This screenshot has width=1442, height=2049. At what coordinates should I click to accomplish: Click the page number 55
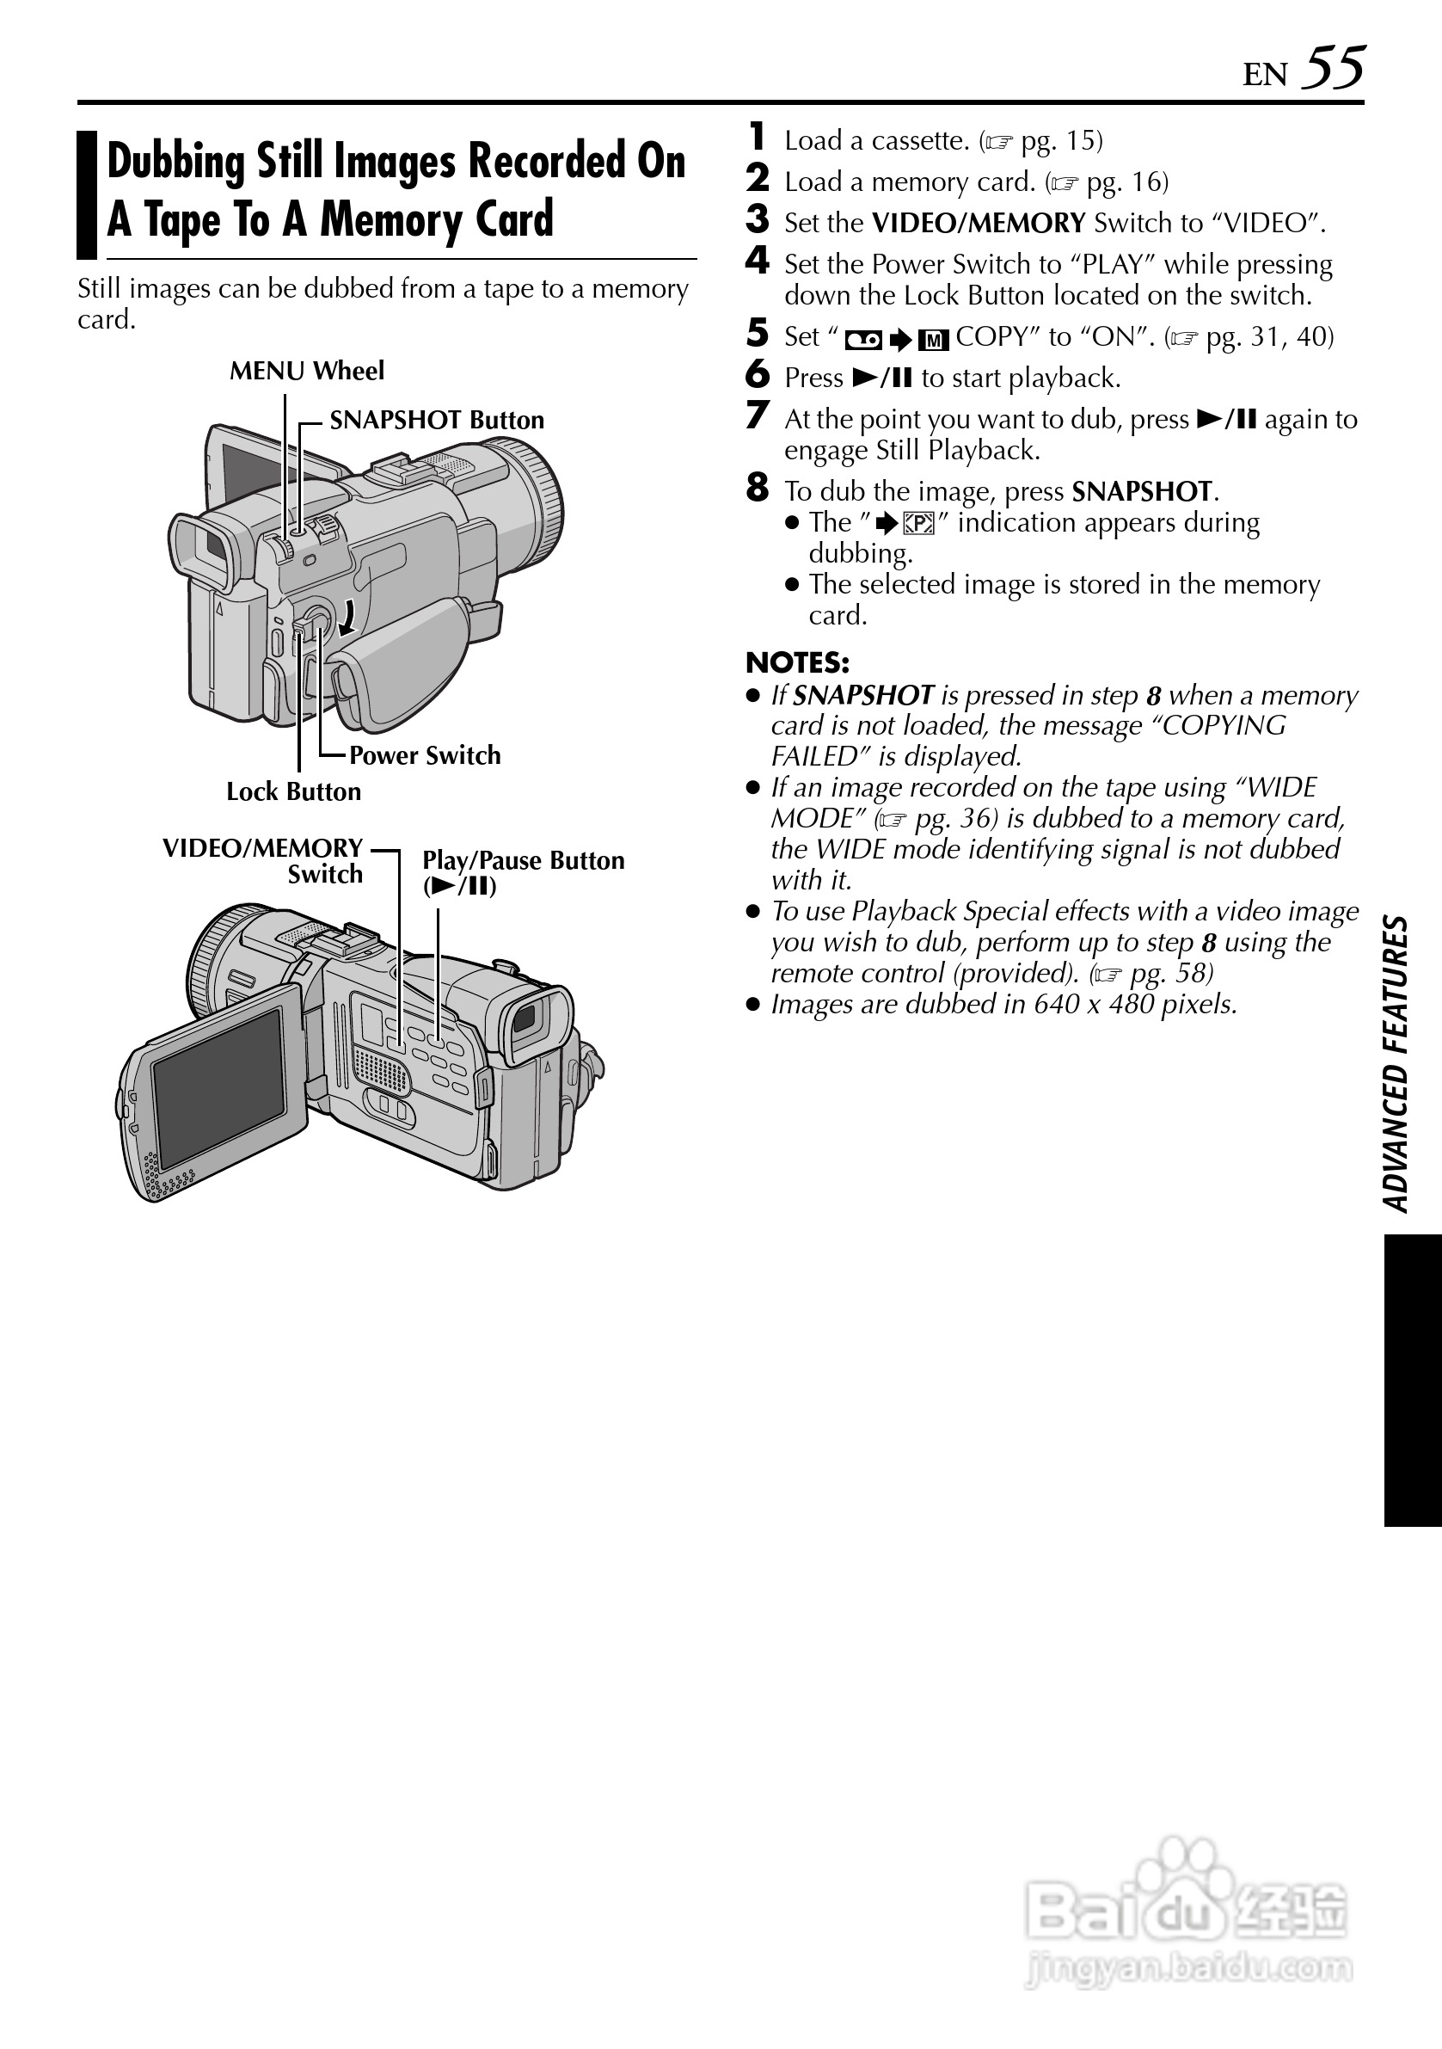1333,68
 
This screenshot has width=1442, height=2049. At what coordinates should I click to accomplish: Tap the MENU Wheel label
306,371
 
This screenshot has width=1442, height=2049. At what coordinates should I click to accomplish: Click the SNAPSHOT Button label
436,420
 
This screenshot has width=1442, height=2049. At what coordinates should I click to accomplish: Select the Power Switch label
425,755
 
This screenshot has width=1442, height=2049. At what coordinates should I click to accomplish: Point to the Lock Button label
293,791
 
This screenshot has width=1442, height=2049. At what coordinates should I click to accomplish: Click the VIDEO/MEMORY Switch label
263,860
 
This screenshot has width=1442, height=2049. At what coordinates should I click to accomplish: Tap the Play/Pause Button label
523,872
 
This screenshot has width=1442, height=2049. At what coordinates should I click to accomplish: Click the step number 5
757,334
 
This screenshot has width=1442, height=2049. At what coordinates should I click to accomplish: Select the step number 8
757,488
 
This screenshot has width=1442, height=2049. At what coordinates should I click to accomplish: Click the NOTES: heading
797,662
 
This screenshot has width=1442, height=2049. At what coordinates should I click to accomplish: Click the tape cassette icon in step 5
863,339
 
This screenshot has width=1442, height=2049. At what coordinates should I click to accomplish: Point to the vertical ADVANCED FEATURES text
1396,1062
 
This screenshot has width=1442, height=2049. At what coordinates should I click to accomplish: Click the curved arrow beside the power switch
349,617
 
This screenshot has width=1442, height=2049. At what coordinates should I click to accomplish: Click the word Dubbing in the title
175,163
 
